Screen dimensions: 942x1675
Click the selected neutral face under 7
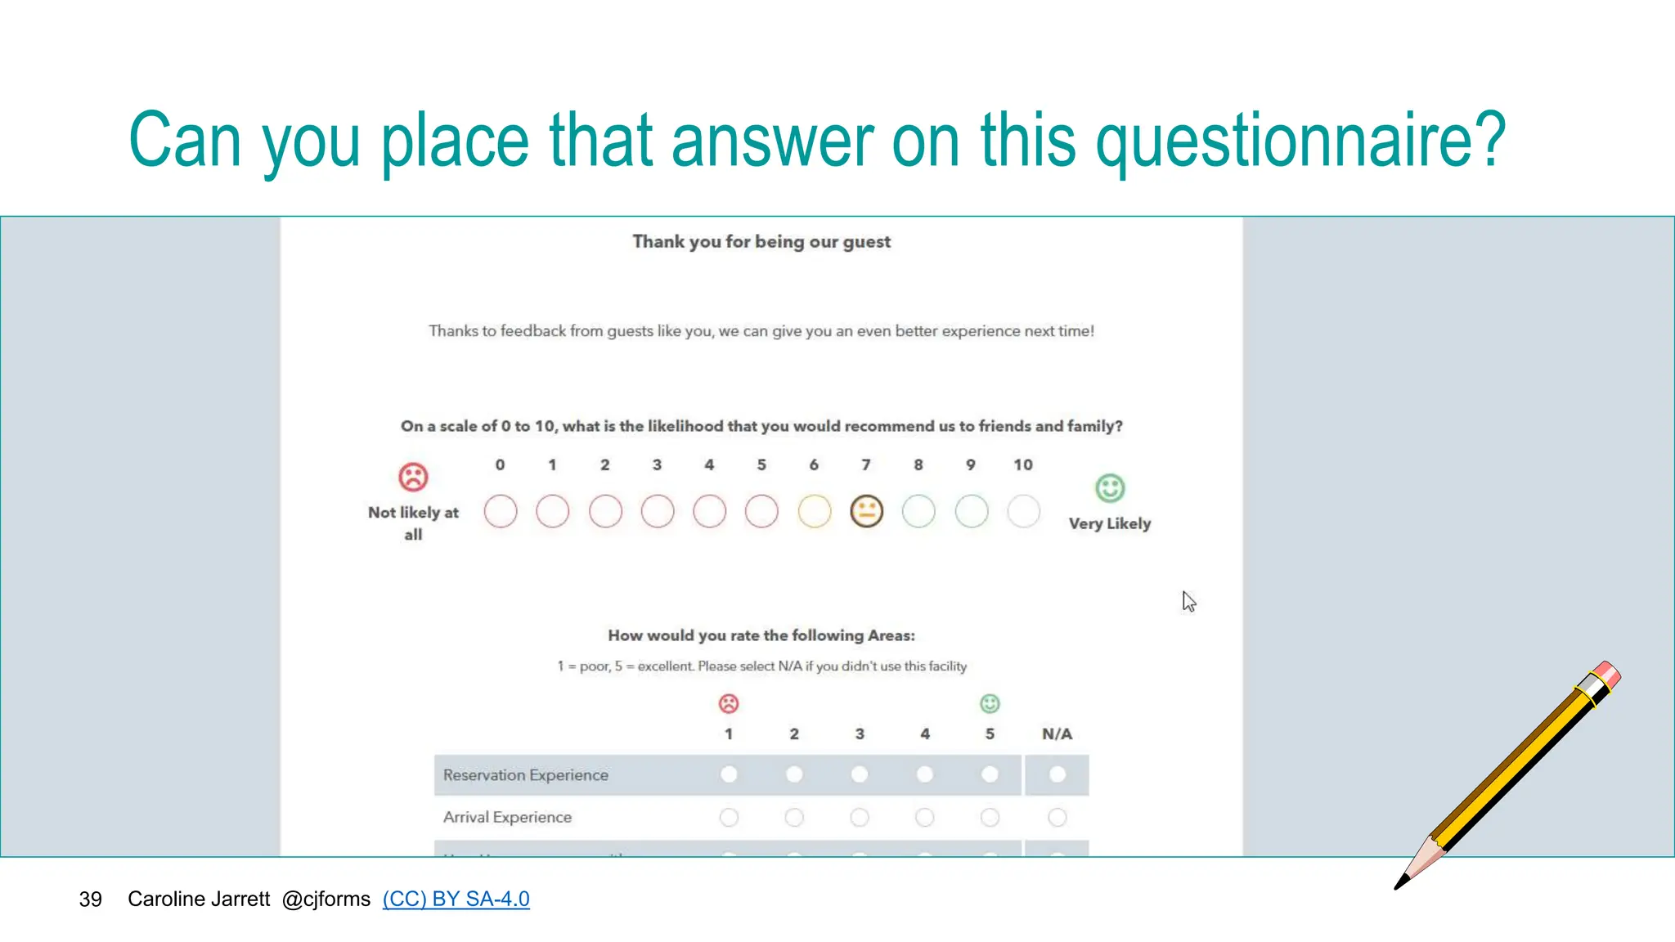(x=866, y=512)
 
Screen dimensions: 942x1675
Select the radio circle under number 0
(x=501, y=512)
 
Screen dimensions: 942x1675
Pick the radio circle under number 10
(x=1023, y=512)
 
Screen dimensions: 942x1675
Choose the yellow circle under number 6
(x=814, y=512)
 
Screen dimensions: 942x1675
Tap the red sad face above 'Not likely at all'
(x=413, y=477)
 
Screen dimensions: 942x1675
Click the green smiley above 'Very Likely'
(x=1110, y=488)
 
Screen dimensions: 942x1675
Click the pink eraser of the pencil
(x=1607, y=675)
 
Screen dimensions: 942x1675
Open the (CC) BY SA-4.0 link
(x=456, y=899)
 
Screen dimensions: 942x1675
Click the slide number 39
(x=90, y=899)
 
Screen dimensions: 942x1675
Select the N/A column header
(x=1057, y=734)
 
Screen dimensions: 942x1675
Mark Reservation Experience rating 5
(x=990, y=774)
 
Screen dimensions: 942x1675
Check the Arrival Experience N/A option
(x=1057, y=817)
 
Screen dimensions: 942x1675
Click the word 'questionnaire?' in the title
(x=1300, y=141)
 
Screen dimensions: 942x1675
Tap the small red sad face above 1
(x=729, y=703)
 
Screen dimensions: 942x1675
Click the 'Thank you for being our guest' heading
(x=761, y=242)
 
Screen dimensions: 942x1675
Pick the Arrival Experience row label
(x=507, y=817)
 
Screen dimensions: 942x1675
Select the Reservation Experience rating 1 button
(x=729, y=774)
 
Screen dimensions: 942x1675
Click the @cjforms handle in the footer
(x=326, y=899)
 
